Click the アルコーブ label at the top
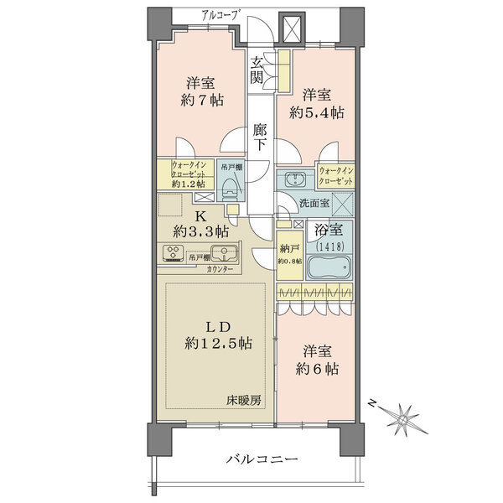tap(221, 15)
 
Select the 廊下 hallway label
tap(259, 137)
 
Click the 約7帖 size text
tap(202, 101)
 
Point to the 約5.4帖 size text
tap(316, 112)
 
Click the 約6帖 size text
tap(317, 369)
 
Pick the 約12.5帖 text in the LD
tap(219, 344)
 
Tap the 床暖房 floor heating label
tap(244, 400)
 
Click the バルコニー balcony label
tap(262, 459)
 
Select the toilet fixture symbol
tap(229, 189)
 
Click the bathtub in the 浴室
tap(329, 267)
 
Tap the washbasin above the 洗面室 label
tap(295, 179)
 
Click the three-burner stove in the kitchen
tap(174, 253)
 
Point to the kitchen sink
tap(224, 253)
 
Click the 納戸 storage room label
tap(290, 248)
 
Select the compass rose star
tap(404, 419)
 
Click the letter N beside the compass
tap(371, 403)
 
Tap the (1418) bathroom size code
tap(330, 246)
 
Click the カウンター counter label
tap(220, 269)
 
